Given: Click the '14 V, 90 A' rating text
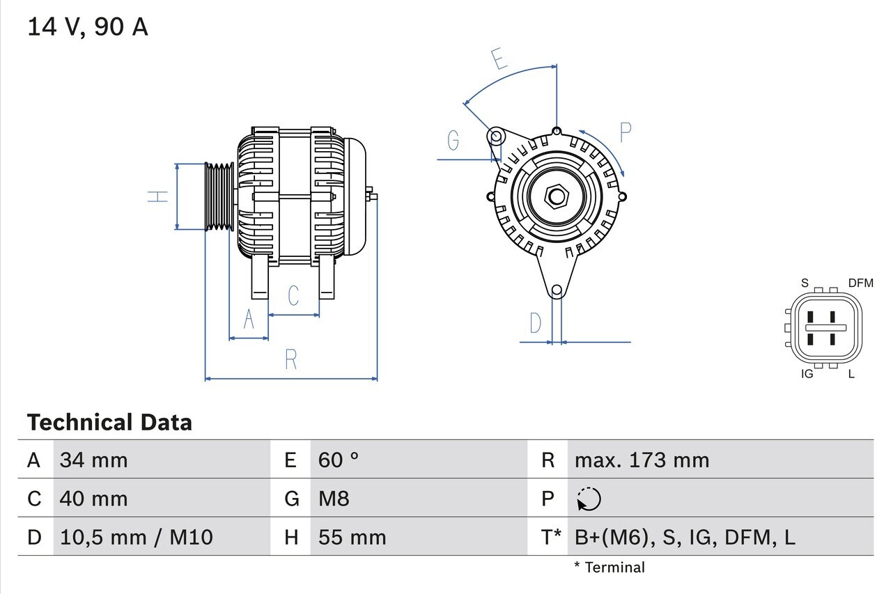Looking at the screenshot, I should point(88,27).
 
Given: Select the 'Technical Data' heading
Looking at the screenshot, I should point(109,423).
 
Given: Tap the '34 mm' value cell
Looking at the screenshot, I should point(94,460).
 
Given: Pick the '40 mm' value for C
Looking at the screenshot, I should point(94,499).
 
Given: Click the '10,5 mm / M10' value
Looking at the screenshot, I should point(137,537).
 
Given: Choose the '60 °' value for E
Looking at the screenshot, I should point(339,460).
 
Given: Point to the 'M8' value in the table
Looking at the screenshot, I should point(334,499).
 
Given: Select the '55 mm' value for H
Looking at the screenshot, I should point(352,537).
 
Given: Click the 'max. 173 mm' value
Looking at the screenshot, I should point(642,460).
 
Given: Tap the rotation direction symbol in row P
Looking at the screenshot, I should point(589,499).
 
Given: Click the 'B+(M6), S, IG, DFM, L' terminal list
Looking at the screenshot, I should point(685,537).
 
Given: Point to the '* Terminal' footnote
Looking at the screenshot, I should point(610,568).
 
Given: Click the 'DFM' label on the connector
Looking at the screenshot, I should point(860,283).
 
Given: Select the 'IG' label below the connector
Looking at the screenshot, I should point(807,374).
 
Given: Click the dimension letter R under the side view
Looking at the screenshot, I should point(291,360).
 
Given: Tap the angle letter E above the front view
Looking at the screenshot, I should point(499,60).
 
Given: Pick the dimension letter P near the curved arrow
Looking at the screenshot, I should point(625,132).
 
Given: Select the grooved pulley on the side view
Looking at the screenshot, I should point(219,196).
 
